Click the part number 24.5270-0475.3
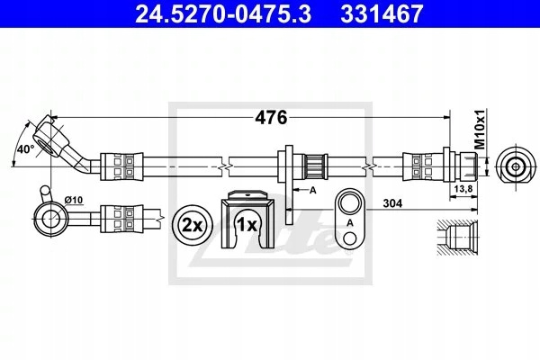223,13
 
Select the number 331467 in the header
382,13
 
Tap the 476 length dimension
271,118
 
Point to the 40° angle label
26,149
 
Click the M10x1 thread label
480,130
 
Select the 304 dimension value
392,203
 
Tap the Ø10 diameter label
74,200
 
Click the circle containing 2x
193,226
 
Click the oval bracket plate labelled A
350,218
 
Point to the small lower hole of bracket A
350,238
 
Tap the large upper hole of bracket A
350,203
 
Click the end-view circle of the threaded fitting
516,166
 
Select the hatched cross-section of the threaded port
457,238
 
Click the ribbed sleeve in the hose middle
316,166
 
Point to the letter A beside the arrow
312,190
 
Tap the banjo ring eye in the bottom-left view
51,219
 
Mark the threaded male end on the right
466,166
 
